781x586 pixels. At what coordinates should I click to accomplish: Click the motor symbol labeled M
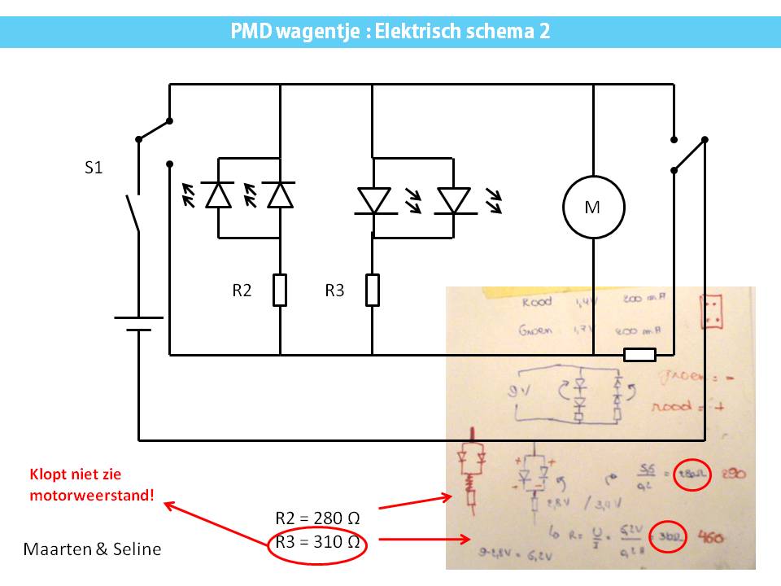[593, 208]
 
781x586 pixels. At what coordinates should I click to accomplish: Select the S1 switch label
[94, 169]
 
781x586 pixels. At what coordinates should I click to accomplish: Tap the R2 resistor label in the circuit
[242, 291]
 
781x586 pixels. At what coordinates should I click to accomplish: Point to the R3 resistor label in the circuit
[335, 291]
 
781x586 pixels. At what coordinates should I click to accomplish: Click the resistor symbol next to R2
[280, 291]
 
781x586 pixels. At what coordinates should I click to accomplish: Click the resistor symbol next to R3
[373, 291]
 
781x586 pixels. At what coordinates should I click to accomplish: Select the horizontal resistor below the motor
[639, 354]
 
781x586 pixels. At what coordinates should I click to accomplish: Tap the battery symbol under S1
[139, 324]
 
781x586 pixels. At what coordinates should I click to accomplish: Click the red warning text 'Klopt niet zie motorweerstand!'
[92, 483]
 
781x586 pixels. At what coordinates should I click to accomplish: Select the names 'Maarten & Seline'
[92, 549]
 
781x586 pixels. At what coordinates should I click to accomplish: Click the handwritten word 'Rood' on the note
[536, 302]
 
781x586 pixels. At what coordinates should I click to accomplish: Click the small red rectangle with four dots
[713, 311]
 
